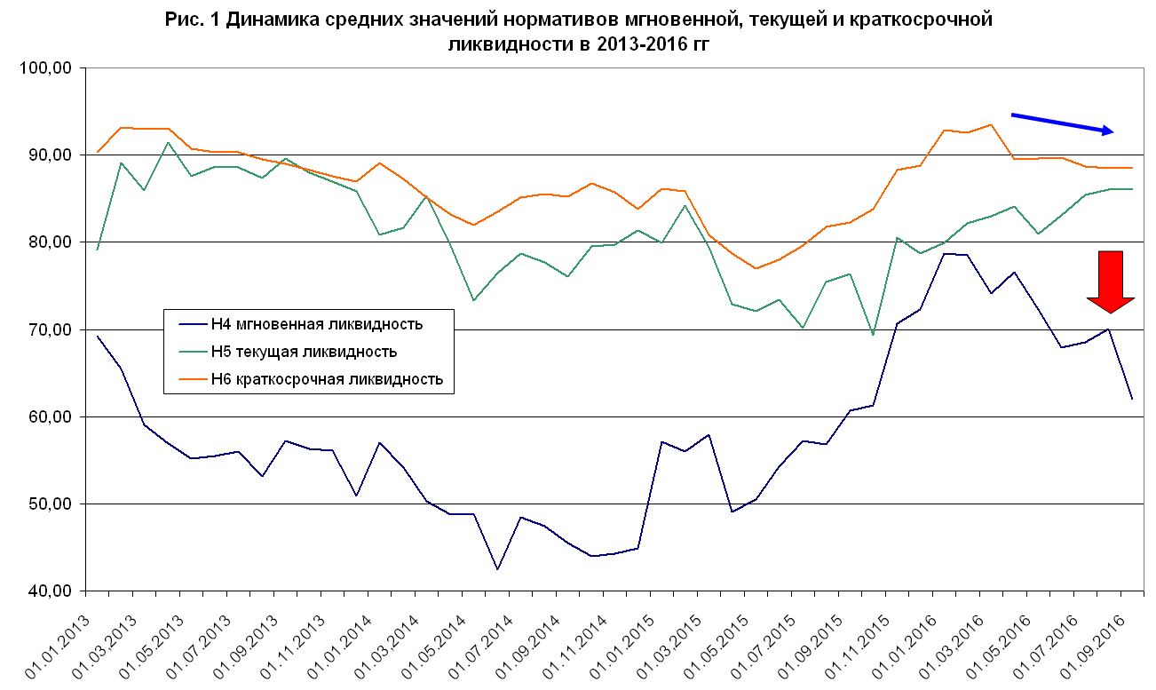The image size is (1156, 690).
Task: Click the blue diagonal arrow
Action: coord(1062,123)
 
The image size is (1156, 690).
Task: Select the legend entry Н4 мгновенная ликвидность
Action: coord(315,324)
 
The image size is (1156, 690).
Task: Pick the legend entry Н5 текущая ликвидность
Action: coord(303,352)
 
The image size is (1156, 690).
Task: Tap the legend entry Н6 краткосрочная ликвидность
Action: coord(326,379)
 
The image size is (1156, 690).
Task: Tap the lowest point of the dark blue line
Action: coord(497,569)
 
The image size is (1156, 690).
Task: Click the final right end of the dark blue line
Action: coord(1132,399)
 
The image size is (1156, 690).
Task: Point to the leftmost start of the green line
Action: coord(98,250)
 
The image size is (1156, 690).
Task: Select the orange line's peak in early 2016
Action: coord(990,124)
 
